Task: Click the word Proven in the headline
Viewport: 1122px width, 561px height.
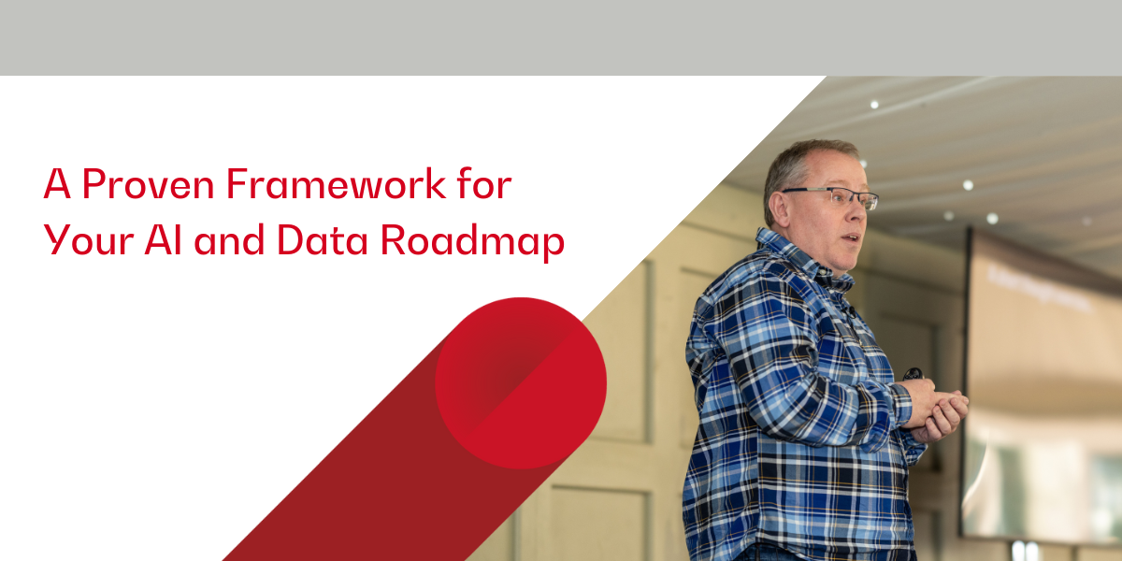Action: pos(149,184)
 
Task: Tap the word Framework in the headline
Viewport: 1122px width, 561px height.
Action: pos(336,184)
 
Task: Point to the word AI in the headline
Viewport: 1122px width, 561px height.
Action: pos(163,239)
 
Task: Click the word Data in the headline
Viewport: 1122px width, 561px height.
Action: pos(322,239)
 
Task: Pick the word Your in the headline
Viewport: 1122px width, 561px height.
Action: pos(89,239)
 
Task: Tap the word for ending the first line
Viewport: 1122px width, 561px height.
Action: pos(484,183)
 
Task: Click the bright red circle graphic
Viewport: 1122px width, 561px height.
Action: pos(521,383)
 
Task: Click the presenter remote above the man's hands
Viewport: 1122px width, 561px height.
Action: pos(913,374)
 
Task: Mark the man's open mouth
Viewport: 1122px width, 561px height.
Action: pos(852,237)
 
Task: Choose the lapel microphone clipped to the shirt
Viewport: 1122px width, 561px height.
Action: pos(850,311)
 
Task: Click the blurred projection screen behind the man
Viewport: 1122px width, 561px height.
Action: pos(1042,385)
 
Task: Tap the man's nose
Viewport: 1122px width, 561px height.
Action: pos(857,210)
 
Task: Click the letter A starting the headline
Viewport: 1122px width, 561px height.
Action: pos(57,184)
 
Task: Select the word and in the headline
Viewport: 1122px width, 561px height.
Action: pos(229,239)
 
